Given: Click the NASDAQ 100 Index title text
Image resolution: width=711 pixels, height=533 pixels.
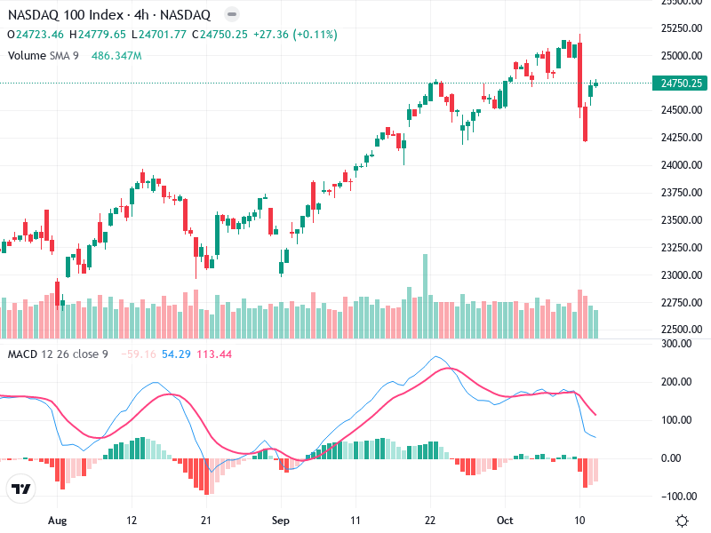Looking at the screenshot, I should tap(68, 14).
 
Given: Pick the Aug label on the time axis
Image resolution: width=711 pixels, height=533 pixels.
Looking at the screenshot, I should tap(58, 519).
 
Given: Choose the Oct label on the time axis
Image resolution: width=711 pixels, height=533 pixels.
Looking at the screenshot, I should tap(506, 519).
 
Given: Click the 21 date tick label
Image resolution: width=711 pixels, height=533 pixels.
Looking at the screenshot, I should tap(206, 519).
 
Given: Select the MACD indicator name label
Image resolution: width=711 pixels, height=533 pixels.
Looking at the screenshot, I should tap(22, 354).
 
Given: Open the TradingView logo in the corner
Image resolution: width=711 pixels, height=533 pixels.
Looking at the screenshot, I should tap(21, 489).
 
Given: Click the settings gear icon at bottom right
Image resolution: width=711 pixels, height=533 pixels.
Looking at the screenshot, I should tap(682, 520).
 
